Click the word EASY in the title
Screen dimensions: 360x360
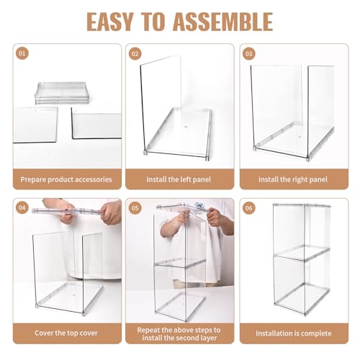tap(119, 22)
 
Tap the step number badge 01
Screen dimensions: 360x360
tap(22, 54)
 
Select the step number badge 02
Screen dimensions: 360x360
tap(135, 54)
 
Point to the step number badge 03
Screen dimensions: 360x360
tap(249, 54)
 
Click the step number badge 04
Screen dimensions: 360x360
tap(22, 209)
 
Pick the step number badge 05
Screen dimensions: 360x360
tap(135, 209)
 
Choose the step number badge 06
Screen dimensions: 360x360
tap(249, 209)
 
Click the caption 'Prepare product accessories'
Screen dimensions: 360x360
tap(66, 179)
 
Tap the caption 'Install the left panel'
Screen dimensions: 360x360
tap(180, 179)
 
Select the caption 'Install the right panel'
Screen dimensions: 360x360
tap(293, 179)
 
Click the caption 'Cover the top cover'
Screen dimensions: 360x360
tap(66, 333)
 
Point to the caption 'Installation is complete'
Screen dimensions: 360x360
tap(293, 333)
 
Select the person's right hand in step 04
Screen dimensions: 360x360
tap(109, 212)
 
